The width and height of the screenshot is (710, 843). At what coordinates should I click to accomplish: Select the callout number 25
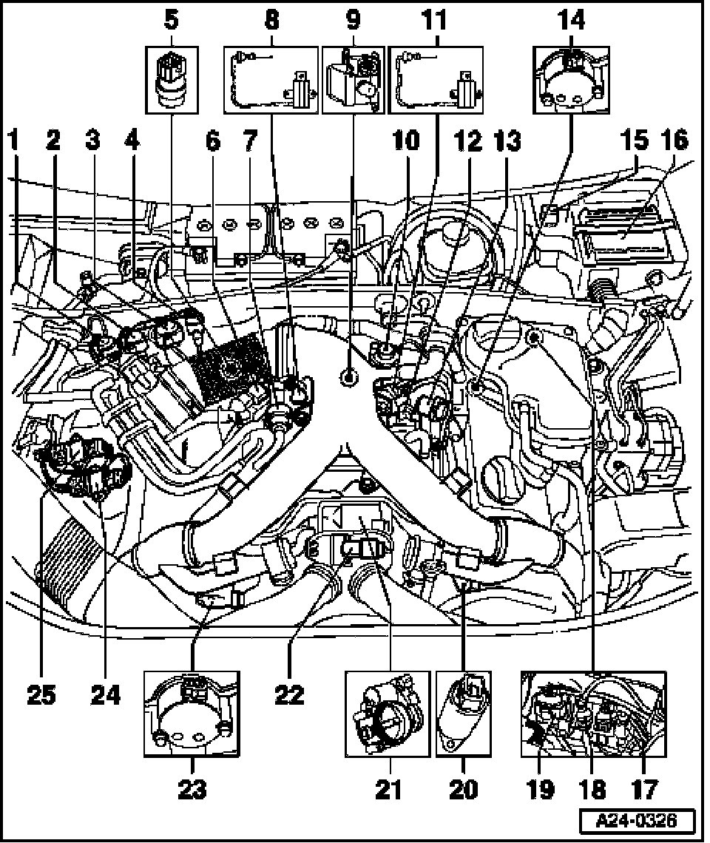[42, 695]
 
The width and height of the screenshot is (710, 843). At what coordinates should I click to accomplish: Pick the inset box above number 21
[388, 714]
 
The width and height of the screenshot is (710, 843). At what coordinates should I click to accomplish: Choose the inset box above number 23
[192, 714]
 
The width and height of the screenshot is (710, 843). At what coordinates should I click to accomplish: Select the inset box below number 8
[270, 80]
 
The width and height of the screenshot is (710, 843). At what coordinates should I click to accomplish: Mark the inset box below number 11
[436, 80]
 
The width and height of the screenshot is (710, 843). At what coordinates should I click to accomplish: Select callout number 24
[103, 695]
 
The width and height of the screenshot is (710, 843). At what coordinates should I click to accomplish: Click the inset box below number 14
[572, 80]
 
